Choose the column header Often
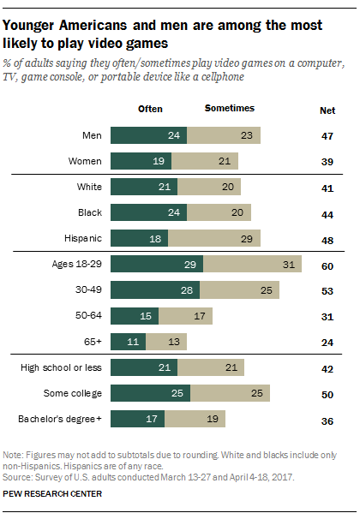[151, 109]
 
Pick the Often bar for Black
[149, 212]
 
